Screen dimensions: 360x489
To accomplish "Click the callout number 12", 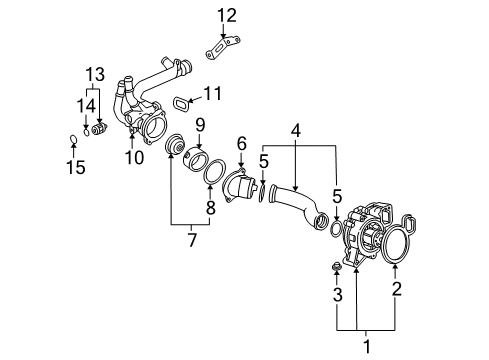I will tap(228, 14).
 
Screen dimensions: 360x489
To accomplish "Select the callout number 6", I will tap(241, 145).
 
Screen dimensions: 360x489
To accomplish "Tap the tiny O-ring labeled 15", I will tap(70, 139).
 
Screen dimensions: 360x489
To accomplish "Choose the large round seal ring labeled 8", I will tap(212, 172).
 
